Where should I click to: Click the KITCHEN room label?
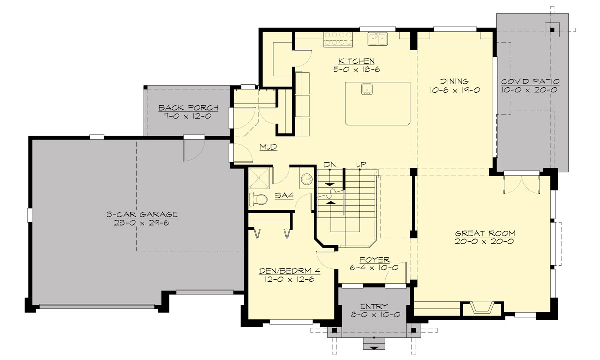pos(356,61)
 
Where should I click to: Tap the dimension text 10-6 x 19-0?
pos(454,90)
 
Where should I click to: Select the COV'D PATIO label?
pos(530,81)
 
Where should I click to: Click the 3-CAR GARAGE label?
pos(142,214)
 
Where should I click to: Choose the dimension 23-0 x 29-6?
pos(142,223)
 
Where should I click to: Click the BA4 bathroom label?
pos(284,196)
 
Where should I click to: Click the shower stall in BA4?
pos(259,177)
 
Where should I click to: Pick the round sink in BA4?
pos(307,179)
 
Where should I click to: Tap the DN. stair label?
pos(330,164)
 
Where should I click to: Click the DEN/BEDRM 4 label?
pos(289,271)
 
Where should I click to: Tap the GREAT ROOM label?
pos(485,233)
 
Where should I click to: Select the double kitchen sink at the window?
pos(378,39)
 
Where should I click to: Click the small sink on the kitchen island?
pos(367,89)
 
